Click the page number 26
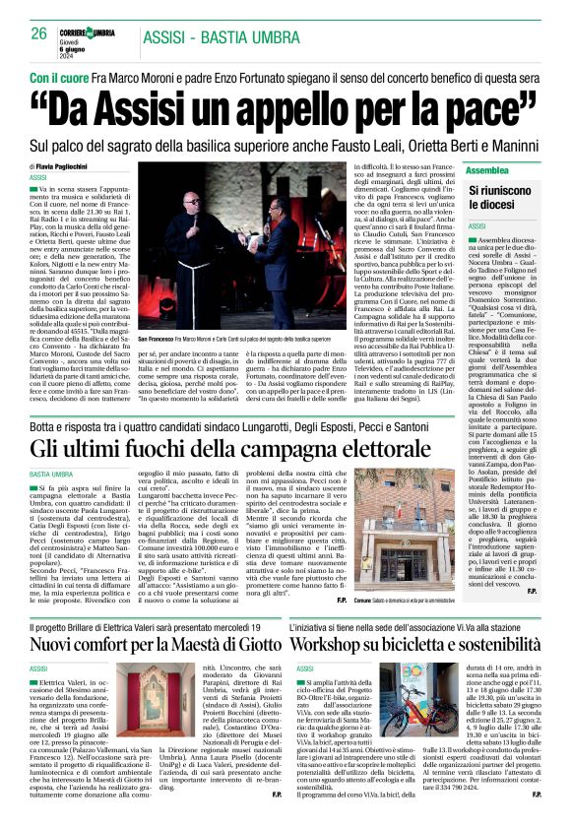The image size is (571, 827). point(39,32)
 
